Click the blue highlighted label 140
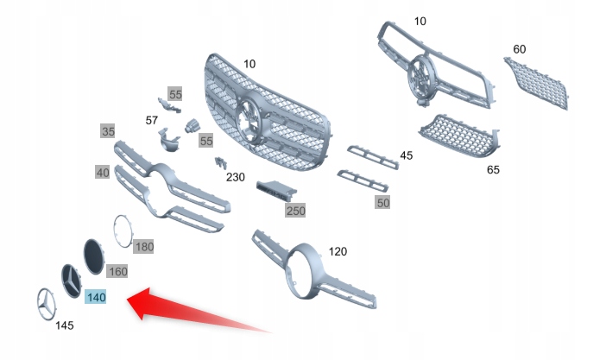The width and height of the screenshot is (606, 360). (96, 297)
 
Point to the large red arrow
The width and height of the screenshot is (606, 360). (190, 311)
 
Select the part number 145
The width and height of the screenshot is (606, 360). (64, 325)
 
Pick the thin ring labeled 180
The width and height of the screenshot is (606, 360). (124, 231)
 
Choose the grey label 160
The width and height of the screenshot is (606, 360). (117, 271)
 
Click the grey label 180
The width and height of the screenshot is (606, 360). (144, 247)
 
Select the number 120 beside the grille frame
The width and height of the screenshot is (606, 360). (338, 252)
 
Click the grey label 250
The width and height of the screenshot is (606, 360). (295, 210)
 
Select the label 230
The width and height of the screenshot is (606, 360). (235, 177)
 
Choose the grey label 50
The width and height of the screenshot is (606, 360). (382, 202)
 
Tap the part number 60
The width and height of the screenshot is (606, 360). (519, 49)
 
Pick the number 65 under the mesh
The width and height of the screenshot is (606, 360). (493, 170)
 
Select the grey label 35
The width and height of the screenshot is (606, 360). (108, 132)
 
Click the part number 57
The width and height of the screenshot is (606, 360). (152, 121)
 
